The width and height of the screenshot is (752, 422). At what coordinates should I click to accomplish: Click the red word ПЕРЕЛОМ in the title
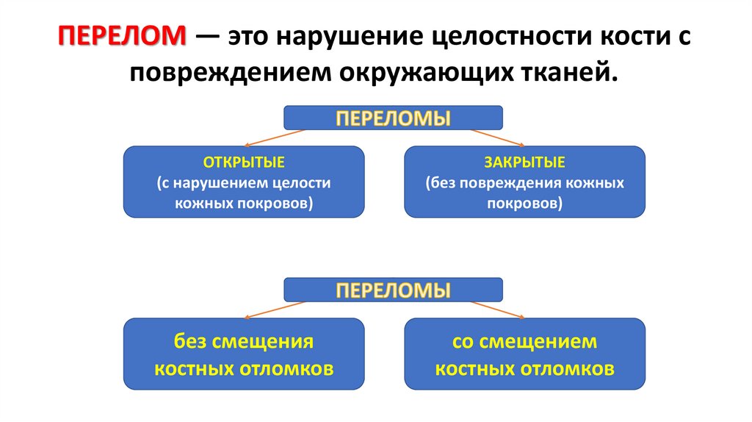(123, 37)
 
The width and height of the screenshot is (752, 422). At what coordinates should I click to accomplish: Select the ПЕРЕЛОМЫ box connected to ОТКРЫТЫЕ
(393, 118)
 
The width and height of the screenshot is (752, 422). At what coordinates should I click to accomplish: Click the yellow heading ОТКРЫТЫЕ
(243, 162)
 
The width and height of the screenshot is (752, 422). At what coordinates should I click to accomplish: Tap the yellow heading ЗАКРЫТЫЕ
(524, 162)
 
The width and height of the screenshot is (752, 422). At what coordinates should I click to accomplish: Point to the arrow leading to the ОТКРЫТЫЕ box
(273, 138)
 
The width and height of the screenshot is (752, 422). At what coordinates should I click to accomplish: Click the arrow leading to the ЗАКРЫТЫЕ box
(496, 138)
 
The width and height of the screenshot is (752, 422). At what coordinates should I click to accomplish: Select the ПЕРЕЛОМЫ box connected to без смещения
(393, 290)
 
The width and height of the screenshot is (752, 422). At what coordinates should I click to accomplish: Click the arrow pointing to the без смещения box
(273, 310)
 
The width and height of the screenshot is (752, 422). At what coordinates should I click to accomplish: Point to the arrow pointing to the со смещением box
(496, 310)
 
